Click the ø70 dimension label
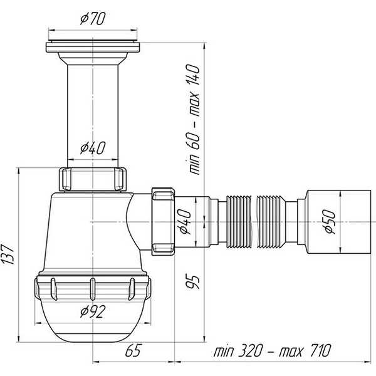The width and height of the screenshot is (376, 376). [93, 19]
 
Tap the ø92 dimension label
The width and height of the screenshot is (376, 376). [93, 311]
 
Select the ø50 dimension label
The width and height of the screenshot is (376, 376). [330, 222]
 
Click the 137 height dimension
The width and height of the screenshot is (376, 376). [8, 254]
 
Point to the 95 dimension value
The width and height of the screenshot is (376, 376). [192, 282]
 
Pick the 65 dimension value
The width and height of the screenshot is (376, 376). [133, 350]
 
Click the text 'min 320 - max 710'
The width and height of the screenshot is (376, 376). [272, 350]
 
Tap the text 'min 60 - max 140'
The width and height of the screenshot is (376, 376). [192, 119]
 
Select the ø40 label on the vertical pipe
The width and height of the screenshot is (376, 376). [93, 148]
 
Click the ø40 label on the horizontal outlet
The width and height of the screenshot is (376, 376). [185, 222]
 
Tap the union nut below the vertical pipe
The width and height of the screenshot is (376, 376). [93, 179]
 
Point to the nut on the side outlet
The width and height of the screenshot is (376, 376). [163, 222]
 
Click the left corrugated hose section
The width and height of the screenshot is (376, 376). [239, 222]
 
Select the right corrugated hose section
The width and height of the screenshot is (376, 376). [271, 222]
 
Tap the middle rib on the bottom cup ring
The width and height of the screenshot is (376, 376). [93, 289]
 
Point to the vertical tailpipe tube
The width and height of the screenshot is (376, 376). [93, 116]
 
